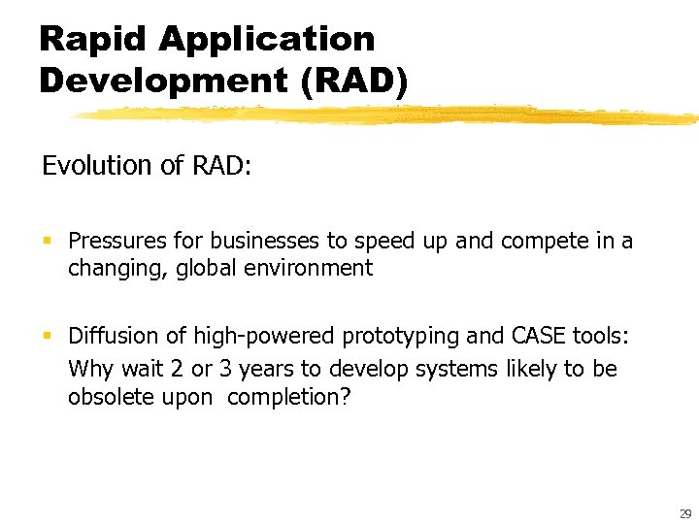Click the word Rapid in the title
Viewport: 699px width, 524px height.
click(92, 40)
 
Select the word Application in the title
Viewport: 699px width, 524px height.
click(266, 40)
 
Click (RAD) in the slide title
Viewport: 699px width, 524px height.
click(354, 80)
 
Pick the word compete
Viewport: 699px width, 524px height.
click(539, 241)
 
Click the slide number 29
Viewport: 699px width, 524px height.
click(685, 513)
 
